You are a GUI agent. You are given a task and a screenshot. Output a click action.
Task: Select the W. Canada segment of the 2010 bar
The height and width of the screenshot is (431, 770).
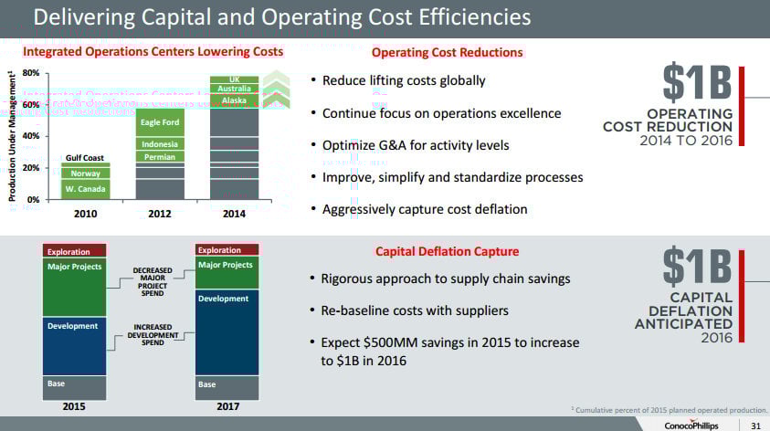click(86, 189)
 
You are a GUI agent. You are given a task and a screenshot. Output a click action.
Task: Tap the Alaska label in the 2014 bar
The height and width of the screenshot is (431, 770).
click(234, 100)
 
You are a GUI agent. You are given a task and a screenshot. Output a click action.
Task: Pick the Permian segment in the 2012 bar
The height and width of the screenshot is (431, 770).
click(160, 157)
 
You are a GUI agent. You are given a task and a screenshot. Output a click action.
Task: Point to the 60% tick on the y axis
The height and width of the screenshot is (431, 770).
click(29, 105)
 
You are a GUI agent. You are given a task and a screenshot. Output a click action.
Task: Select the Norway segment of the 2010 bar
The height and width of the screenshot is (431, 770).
click(86, 173)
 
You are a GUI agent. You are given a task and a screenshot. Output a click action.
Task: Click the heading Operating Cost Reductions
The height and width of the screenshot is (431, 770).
click(447, 52)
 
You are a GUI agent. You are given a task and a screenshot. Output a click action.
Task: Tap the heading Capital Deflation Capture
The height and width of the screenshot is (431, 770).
click(447, 251)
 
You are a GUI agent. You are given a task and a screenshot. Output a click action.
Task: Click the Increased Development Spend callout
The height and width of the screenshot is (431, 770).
click(153, 335)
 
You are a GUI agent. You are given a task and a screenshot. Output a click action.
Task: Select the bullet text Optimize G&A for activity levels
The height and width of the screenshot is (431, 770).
click(416, 145)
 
